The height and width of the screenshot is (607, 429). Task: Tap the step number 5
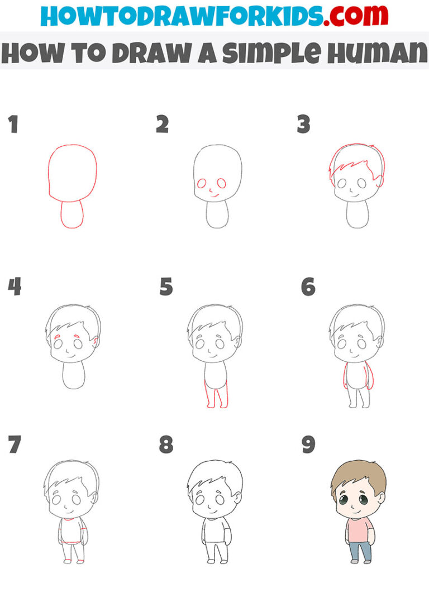(x=166, y=287)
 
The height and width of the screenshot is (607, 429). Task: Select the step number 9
(x=308, y=445)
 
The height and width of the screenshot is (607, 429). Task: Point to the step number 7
(x=14, y=445)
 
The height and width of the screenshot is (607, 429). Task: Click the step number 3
(x=303, y=125)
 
